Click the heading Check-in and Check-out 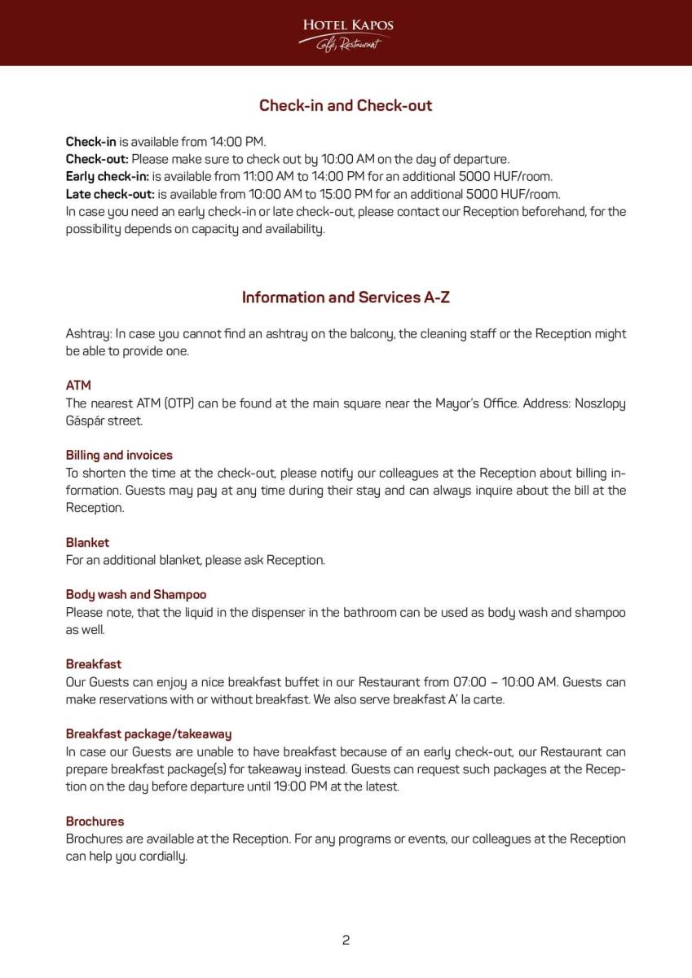tap(346, 105)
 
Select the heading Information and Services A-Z tap(346, 297)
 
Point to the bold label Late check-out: tap(110, 194)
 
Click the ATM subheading tap(78, 385)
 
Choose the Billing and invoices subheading tap(119, 455)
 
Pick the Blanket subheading tap(87, 542)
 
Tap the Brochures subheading tap(95, 821)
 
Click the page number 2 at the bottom tap(346, 940)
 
